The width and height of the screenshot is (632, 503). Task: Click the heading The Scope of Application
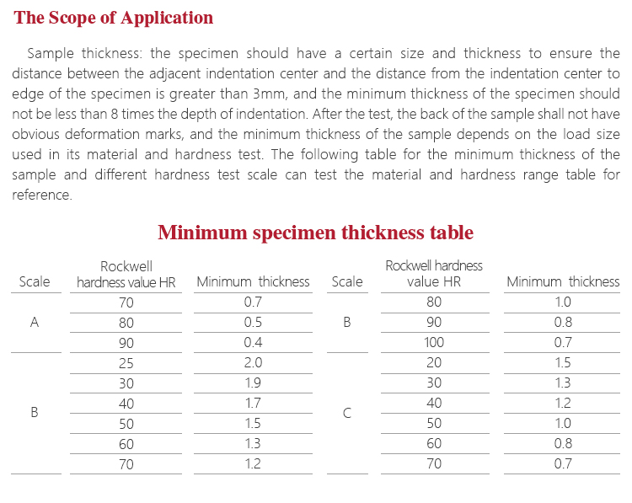(x=114, y=18)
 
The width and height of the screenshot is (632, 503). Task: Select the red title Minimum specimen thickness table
(x=315, y=233)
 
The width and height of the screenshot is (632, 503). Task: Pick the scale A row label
(x=35, y=322)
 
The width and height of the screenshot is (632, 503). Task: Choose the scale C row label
(x=346, y=413)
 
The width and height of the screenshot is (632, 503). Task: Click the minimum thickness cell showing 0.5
(x=253, y=322)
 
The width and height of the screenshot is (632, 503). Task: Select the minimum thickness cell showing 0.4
(x=253, y=342)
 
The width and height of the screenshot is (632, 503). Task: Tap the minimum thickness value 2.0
(x=253, y=362)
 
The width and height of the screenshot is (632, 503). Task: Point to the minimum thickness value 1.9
(x=253, y=383)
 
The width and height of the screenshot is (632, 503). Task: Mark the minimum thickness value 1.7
(x=253, y=403)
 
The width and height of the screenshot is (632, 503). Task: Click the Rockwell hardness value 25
(x=126, y=362)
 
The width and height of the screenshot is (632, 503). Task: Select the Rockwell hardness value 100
(x=434, y=342)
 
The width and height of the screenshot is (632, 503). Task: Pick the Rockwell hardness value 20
(x=434, y=362)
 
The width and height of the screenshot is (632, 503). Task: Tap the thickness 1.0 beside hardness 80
(x=562, y=302)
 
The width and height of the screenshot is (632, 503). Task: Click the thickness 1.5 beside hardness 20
(x=562, y=362)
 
